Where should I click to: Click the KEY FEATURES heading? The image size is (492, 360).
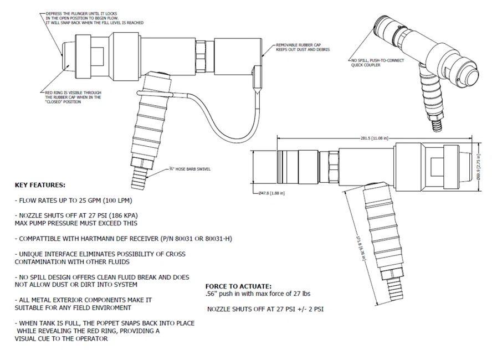click(x=39, y=184)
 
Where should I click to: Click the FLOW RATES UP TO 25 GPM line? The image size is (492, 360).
click(x=69, y=198)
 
